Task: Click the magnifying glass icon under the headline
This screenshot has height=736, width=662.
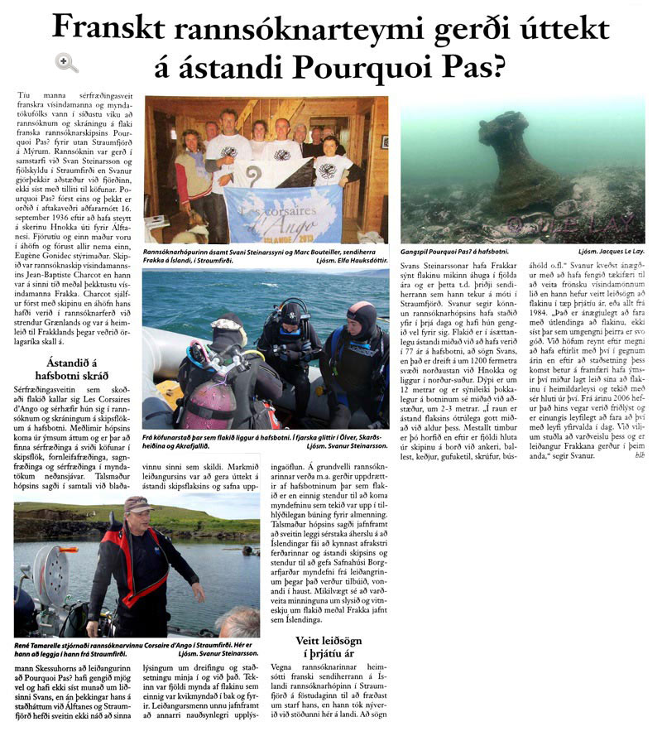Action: click(66, 62)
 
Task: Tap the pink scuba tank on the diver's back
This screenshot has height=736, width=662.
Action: click(197, 406)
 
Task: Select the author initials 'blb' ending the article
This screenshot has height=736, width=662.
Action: click(638, 479)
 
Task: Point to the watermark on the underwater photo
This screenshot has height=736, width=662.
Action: click(579, 222)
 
